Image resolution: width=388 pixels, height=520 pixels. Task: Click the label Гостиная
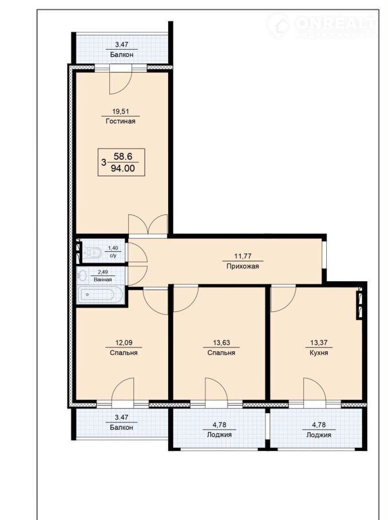click(x=121, y=121)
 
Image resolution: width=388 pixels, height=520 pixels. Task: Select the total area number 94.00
click(x=122, y=169)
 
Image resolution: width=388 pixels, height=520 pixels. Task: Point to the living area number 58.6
click(x=123, y=156)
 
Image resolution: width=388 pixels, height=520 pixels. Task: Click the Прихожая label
click(x=243, y=266)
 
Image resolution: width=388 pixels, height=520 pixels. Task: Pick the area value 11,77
click(x=243, y=256)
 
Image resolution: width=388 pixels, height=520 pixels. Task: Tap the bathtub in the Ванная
click(x=100, y=294)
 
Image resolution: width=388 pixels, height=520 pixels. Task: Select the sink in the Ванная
click(x=82, y=275)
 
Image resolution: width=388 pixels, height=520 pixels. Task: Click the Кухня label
click(x=319, y=353)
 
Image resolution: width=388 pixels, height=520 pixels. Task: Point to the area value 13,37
click(x=319, y=343)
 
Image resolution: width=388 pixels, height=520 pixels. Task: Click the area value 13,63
click(x=221, y=343)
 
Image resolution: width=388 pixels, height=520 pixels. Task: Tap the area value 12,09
click(x=124, y=343)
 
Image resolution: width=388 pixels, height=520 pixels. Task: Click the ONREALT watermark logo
click(x=322, y=25)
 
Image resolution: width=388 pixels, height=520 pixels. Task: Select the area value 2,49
click(x=102, y=272)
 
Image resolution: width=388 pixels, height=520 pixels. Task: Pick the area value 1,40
click(x=113, y=248)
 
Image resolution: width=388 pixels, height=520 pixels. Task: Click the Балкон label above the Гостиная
click(x=121, y=55)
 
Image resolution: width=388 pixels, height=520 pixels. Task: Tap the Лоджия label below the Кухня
click(x=319, y=434)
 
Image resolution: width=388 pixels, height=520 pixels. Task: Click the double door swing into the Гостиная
click(x=148, y=225)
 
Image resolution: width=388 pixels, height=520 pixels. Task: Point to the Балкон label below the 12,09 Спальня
click(x=121, y=427)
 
